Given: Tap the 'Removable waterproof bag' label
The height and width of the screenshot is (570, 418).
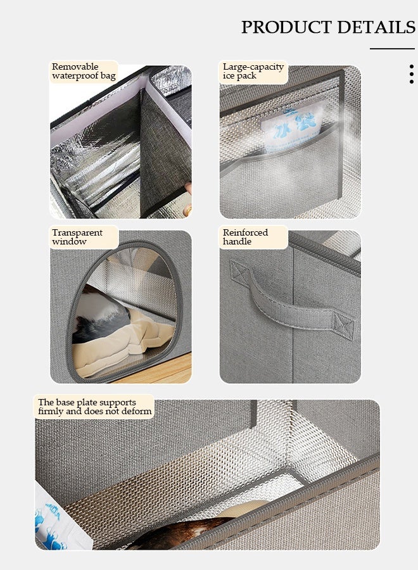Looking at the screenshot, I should (84, 71).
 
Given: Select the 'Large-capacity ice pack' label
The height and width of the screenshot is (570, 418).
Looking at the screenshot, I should (253, 71).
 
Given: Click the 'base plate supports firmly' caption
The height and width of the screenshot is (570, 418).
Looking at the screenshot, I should (94, 407).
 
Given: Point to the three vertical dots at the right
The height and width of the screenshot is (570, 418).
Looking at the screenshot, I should (412, 73).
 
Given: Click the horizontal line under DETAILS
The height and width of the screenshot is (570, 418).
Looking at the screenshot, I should (392, 49).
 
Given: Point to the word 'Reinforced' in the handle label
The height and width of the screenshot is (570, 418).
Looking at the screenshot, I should (245, 232).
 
